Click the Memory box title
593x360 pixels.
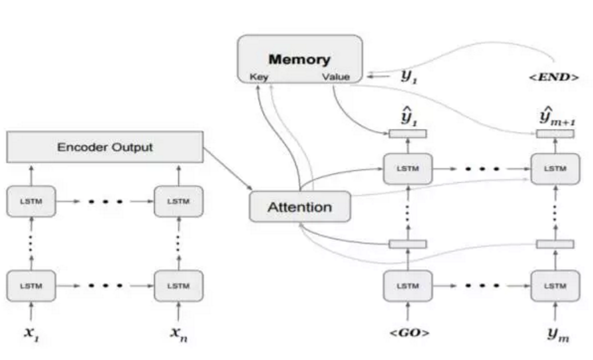(x=299, y=59)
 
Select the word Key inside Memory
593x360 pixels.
(x=258, y=77)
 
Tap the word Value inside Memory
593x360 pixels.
(x=335, y=77)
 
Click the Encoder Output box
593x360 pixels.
(x=105, y=147)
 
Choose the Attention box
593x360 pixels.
(x=299, y=207)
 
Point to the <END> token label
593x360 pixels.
(x=554, y=77)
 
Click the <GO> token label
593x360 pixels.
(x=408, y=332)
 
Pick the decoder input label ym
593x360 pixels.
(x=556, y=333)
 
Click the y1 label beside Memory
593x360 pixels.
(x=408, y=75)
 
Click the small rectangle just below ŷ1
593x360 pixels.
(x=407, y=134)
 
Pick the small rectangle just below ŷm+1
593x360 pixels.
(x=555, y=134)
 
